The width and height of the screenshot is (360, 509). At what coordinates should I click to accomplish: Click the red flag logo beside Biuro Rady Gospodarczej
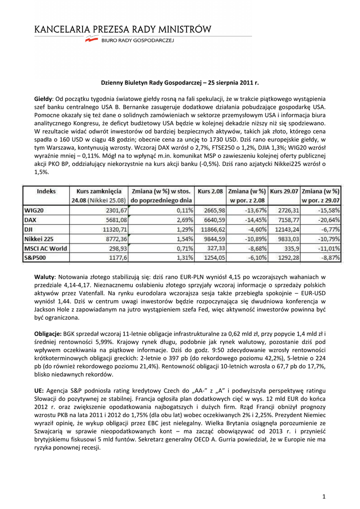pos(91,41)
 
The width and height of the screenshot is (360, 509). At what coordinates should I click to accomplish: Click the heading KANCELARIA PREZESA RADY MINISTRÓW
pos(122,30)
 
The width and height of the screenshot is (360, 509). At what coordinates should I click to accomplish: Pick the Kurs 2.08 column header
pos(210,191)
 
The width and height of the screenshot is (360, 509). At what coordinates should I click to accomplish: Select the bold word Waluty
pos(44,276)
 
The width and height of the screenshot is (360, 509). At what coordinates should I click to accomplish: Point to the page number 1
pos(323,496)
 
